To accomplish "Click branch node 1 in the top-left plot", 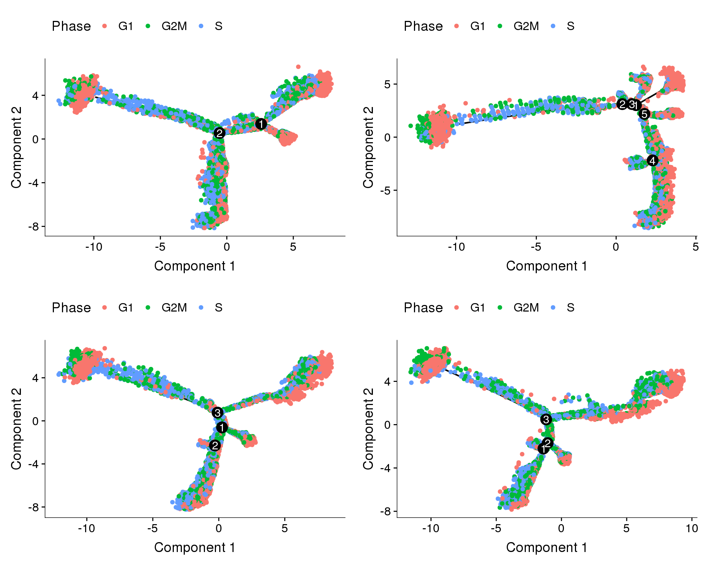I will pyautogui.click(x=261, y=124).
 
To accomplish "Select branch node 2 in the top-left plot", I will pyautogui.click(x=219, y=133).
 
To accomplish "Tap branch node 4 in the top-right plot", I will pyautogui.click(x=652, y=161).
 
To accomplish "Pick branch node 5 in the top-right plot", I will pyautogui.click(x=644, y=114).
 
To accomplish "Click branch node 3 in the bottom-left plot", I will pyautogui.click(x=217, y=413).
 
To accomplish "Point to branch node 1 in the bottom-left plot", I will pyautogui.click(x=222, y=427).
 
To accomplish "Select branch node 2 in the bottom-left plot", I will pyautogui.click(x=214, y=445).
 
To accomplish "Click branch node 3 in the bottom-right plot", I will pyautogui.click(x=546, y=419).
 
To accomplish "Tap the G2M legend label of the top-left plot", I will pyautogui.click(x=174, y=26).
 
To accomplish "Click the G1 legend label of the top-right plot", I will pyautogui.click(x=477, y=26).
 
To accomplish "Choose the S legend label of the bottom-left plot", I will pyautogui.click(x=219, y=308).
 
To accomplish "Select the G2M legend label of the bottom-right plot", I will pyautogui.click(x=526, y=308).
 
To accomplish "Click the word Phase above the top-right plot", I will pyautogui.click(x=423, y=26).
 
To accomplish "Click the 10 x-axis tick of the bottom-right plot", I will pyautogui.click(x=692, y=528).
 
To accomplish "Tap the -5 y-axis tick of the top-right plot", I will pyautogui.click(x=387, y=191).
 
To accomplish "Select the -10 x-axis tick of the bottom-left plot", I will pyautogui.click(x=87, y=528).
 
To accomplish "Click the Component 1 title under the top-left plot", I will pyautogui.click(x=194, y=266).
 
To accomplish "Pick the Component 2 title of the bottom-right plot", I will pyautogui.click(x=368, y=428).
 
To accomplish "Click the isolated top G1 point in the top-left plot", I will pyautogui.click(x=298, y=67).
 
